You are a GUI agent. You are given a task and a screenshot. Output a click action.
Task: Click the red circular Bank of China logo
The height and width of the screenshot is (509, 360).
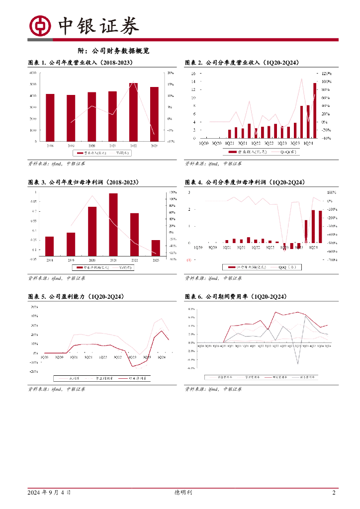[40, 25]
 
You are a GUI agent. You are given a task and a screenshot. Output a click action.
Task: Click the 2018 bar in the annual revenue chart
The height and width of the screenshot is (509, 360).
[50, 117]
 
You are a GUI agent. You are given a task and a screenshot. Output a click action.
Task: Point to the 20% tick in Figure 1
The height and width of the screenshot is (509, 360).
[170, 73]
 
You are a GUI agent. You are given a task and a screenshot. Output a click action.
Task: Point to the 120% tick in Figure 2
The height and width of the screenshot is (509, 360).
[327, 73]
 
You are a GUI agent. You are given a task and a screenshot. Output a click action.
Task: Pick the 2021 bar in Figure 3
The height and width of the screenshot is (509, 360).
[113, 224]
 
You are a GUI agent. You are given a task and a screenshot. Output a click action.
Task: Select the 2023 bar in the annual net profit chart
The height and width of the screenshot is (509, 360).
[155, 248]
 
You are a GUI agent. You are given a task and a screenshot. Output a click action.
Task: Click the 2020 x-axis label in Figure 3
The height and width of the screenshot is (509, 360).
[92, 260]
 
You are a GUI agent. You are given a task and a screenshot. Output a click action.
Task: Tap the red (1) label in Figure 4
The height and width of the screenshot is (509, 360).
[188, 260]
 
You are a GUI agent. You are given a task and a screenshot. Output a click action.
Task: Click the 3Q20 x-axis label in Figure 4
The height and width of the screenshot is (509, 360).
[212, 247]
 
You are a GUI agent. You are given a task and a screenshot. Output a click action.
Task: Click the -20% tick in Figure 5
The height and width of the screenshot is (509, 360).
[35, 371]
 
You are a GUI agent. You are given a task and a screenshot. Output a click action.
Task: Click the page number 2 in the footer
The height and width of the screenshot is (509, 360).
[334, 493]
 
